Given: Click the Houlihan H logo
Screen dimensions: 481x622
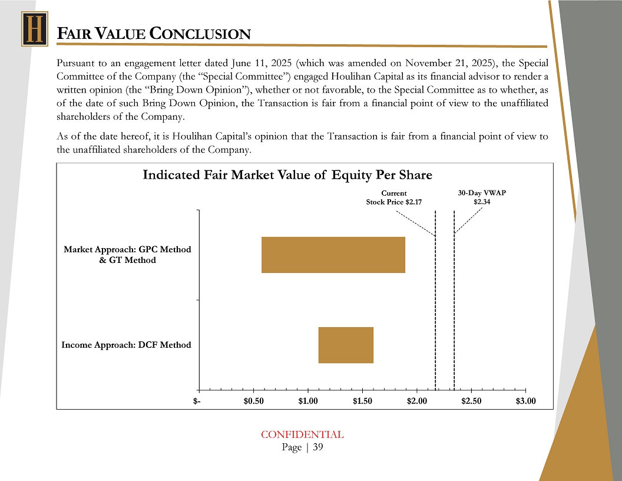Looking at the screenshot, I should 34,29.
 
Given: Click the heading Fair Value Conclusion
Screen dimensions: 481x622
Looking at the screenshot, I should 154,34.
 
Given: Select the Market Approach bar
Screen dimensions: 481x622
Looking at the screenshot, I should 333,255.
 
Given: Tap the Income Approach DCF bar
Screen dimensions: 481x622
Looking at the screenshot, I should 346,345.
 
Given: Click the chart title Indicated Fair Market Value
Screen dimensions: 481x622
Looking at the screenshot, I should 287,175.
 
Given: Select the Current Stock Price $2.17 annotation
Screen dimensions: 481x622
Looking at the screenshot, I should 394,197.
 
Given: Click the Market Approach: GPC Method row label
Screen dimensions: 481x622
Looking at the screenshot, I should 127,255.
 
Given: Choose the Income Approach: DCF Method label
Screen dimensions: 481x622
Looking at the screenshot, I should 126,345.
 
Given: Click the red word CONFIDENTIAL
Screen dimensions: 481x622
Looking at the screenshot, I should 302,435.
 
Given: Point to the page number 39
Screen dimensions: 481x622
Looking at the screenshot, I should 317,447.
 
